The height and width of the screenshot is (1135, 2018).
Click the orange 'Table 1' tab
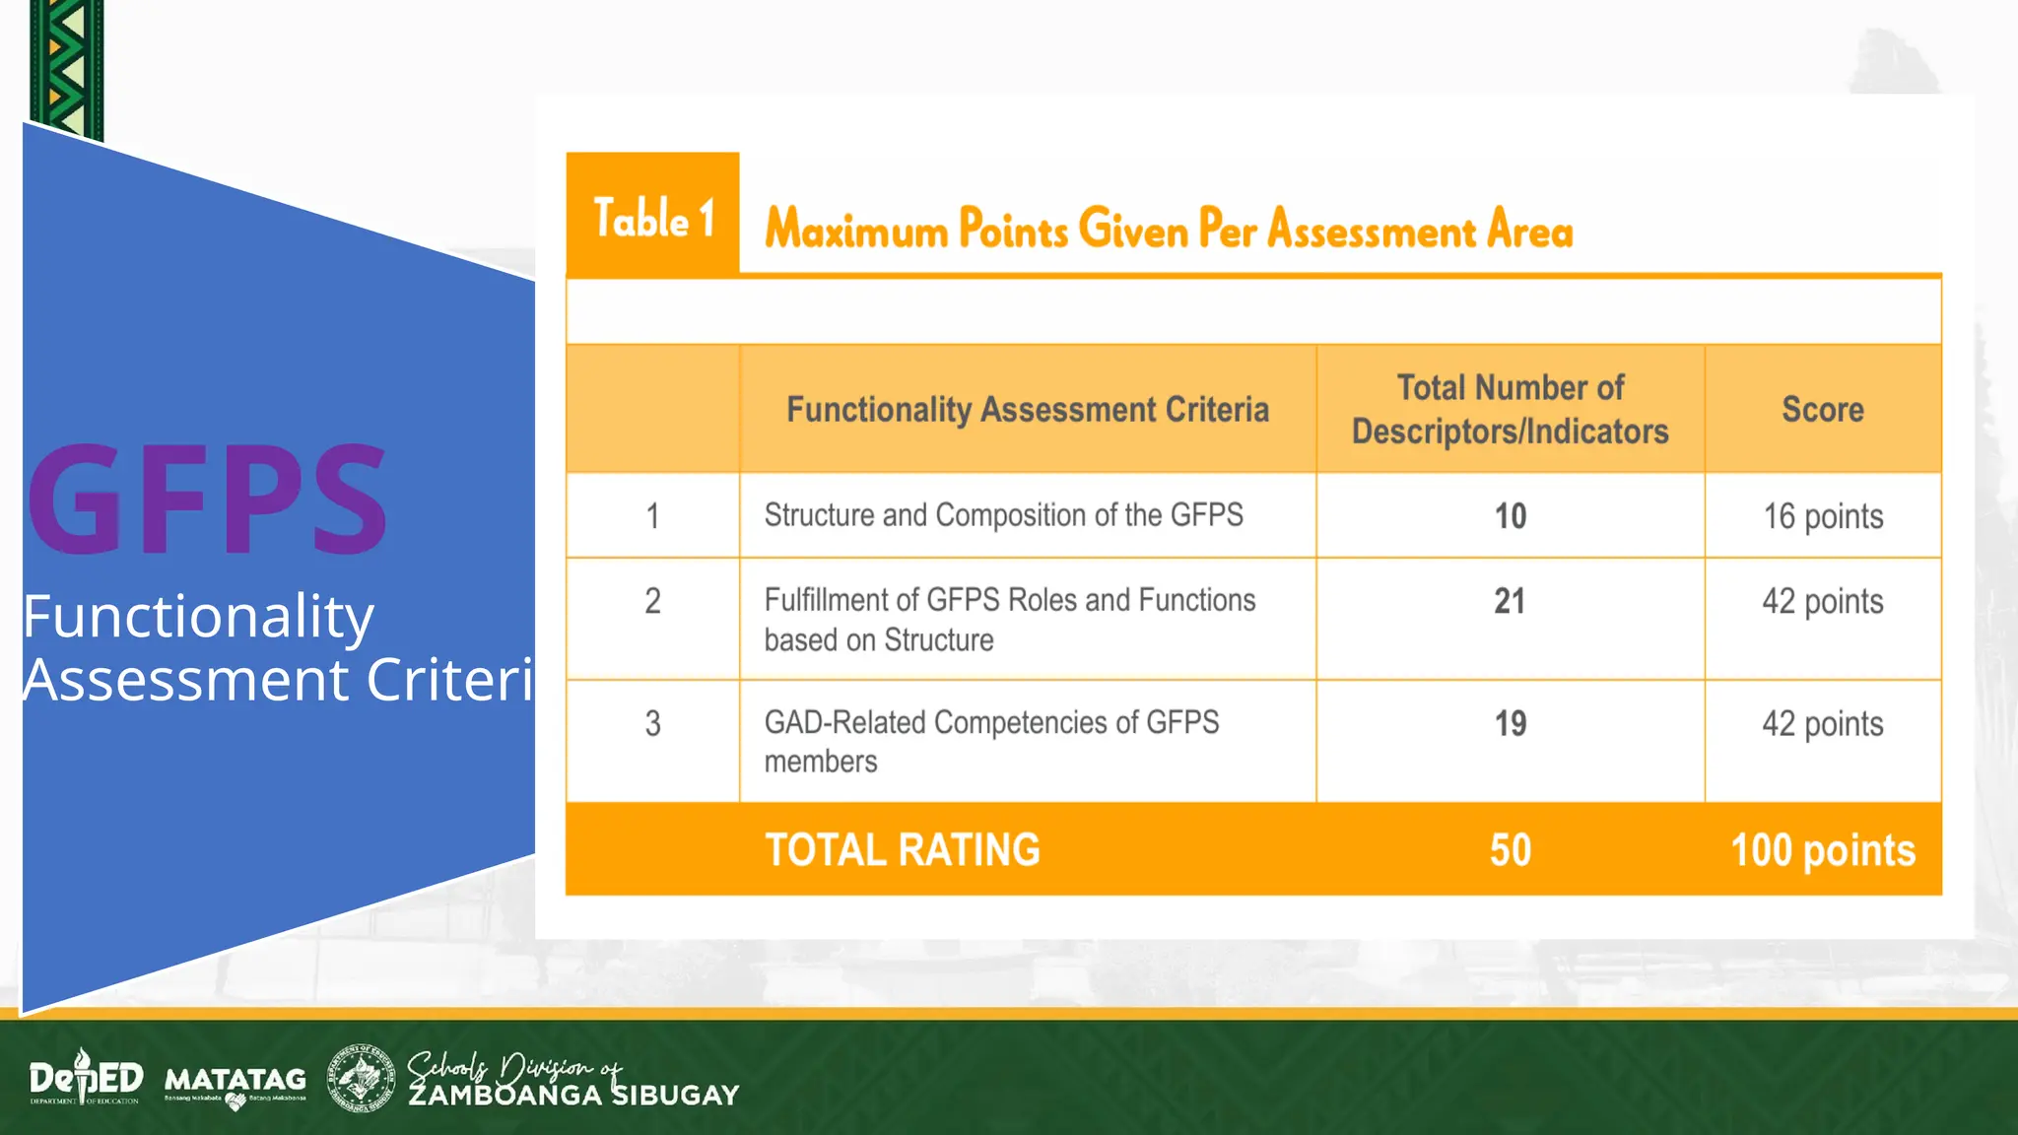[652, 217]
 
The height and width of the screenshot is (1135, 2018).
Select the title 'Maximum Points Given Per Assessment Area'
[1169, 229]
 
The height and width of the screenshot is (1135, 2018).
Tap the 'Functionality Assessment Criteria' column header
[1027, 409]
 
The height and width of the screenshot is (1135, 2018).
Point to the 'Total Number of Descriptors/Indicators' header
[1510, 409]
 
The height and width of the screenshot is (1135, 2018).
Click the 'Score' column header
[1822, 409]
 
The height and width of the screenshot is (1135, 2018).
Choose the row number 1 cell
[652, 516]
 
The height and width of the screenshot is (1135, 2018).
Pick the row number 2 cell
[652, 601]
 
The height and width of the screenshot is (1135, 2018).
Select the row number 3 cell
[652, 724]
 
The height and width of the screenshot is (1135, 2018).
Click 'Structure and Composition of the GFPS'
[1003, 515]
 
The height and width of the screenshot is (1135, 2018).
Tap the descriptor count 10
[1510, 516]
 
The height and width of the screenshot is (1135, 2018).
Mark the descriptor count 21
[1510, 601]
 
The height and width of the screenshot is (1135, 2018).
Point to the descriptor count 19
[1510, 724]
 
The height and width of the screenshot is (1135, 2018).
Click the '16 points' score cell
[1822, 516]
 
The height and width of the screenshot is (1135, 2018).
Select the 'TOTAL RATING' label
[902, 850]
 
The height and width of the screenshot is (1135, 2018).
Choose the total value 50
[1510, 850]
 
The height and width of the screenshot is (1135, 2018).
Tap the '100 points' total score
[1822, 850]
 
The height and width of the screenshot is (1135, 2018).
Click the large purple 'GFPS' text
[207, 501]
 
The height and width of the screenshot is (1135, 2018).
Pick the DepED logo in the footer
[86, 1078]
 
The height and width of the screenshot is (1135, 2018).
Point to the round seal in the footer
[361, 1078]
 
